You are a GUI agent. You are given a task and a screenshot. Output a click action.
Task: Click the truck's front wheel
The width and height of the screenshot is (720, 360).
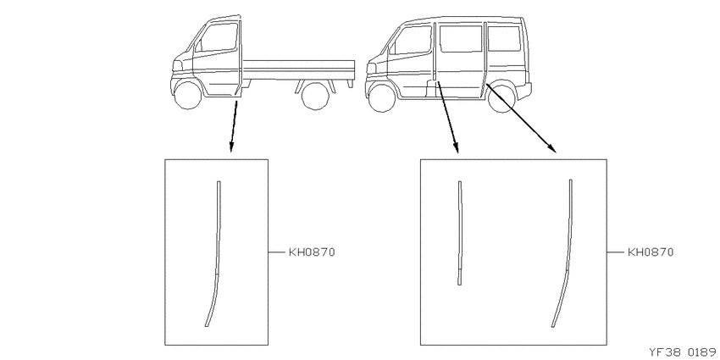click(x=188, y=95)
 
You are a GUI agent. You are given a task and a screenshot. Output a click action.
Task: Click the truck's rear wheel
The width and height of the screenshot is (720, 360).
click(x=315, y=96)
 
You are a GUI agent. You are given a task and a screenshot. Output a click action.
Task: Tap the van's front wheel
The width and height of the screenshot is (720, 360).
click(x=381, y=97)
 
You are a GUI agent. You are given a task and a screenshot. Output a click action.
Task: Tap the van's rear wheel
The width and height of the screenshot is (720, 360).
click(x=502, y=97)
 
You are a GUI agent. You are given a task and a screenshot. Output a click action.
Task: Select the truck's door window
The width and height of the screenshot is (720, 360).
click(x=217, y=37)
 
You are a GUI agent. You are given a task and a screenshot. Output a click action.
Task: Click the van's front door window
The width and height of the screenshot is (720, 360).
click(x=410, y=40)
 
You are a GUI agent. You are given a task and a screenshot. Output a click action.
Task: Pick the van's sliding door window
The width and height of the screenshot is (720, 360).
click(x=461, y=39)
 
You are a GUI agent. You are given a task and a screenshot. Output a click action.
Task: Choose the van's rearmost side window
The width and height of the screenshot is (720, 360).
click(x=504, y=38)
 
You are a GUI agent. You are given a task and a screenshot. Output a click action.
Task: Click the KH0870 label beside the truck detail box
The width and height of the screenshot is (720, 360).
click(x=312, y=252)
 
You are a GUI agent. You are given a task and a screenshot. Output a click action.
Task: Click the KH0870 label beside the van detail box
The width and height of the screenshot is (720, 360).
click(x=651, y=252)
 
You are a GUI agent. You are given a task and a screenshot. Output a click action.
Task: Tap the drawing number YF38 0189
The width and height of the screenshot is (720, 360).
click(x=684, y=352)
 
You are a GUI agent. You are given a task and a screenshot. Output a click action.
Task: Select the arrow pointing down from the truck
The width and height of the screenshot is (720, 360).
click(x=234, y=126)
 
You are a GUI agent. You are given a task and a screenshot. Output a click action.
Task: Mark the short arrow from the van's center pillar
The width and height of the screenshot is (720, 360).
click(x=448, y=117)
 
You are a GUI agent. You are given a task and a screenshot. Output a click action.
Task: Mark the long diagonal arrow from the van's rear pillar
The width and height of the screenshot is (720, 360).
click(x=521, y=118)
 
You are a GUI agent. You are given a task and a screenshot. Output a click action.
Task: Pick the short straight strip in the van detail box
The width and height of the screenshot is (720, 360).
click(x=460, y=233)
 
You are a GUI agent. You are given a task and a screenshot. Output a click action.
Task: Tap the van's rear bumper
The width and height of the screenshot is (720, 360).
click(x=525, y=91)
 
